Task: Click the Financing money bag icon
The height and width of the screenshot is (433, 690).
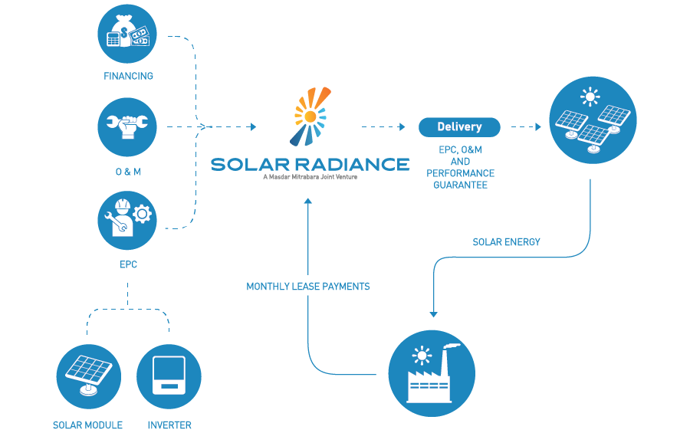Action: click(x=128, y=33)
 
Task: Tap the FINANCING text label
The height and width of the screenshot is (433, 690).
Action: click(x=128, y=77)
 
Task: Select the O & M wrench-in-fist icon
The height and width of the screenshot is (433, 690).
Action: click(x=128, y=126)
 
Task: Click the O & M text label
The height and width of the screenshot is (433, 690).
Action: click(x=128, y=172)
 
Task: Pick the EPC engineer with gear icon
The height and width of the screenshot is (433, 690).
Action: click(x=128, y=220)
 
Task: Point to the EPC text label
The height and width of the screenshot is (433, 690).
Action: click(x=128, y=265)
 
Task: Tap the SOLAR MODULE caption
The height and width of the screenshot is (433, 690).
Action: click(x=87, y=425)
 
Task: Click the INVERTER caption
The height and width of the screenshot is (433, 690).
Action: click(x=169, y=425)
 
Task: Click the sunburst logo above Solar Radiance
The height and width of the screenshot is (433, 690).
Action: click(x=310, y=116)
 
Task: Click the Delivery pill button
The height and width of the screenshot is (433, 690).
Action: click(x=459, y=126)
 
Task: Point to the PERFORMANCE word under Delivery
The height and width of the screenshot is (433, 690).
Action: click(x=460, y=173)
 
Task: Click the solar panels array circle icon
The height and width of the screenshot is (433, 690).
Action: click(x=593, y=120)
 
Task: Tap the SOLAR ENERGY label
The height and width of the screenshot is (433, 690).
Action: click(x=506, y=242)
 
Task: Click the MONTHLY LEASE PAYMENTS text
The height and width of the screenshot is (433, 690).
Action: click(x=308, y=287)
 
